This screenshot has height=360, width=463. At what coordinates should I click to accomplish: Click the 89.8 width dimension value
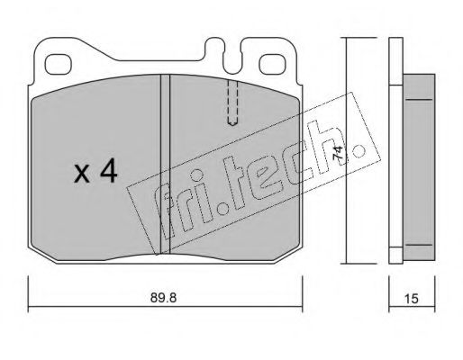(x=163, y=298)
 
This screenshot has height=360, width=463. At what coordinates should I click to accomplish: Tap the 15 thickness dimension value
(x=412, y=299)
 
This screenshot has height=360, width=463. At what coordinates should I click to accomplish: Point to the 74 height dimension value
(x=338, y=153)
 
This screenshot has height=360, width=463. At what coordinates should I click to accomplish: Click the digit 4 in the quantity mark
(x=108, y=170)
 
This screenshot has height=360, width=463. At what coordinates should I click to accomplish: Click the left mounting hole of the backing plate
(x=59, y=64)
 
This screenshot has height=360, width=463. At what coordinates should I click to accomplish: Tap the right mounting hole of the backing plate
(x=271, y=64)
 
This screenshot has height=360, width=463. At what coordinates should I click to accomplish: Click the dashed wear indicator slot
(x=233, y=102)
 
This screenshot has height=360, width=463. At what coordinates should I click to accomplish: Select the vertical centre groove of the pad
(x=165, y=165)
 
